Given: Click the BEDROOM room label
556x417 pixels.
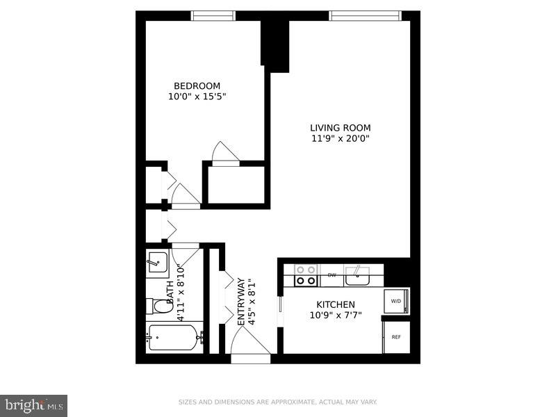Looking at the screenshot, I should pyautogui.click(x=197, y=86).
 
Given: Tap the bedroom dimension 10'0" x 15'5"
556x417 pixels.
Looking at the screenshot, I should pyautogui.click(x=197, y=97).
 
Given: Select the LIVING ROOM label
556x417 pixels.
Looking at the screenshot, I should pyautogui.click(x=340, y=128).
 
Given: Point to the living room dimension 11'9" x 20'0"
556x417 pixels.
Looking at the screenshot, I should pyautogui.click(x=340, y=138).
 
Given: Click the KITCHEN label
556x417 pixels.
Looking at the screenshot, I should pyautogui.click(x=336, y=304).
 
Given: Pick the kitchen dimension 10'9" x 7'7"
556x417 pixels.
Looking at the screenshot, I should pyautogui.click(x=336, y=315).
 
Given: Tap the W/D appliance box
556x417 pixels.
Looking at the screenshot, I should pyautogui.click(x=396, y=301).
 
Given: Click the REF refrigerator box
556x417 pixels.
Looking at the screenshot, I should pyautogui.click(x=396, y=337).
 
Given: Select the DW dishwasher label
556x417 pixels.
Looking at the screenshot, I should pyautogui.click(x=332, y=275).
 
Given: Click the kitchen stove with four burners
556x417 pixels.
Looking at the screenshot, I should pyautogui.click(x=306, y=275).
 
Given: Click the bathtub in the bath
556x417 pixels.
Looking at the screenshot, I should pyautogui.click(x=174, y=338).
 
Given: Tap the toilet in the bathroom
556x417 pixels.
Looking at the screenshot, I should pyautogui.click(x=162, y=306).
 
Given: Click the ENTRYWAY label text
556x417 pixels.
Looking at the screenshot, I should pyautogui.click(x=242, y=302).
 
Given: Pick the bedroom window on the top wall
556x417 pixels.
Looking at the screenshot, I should pyautogui.click(x=213, y=16).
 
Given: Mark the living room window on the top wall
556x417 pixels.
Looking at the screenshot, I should pyautogui.click(x=365, y=16).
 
